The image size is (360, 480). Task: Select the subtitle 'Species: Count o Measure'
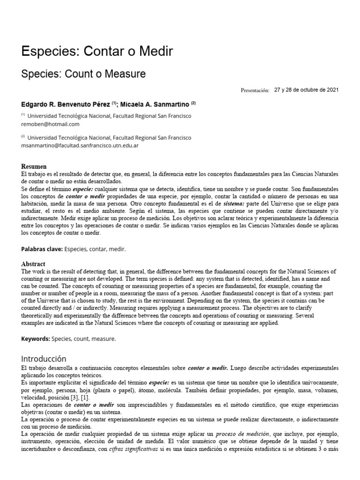83,74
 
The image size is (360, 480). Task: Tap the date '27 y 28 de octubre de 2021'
306,90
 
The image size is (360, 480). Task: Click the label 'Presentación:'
255,90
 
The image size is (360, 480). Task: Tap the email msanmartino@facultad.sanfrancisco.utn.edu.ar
80,145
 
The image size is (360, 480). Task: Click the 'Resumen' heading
34,166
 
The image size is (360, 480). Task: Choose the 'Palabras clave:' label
42,249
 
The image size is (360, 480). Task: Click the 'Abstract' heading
33,264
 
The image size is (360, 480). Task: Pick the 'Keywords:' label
37,338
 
